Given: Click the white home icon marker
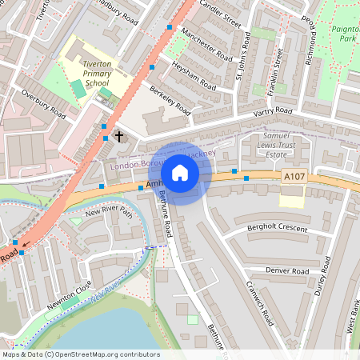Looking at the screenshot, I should [180, 173].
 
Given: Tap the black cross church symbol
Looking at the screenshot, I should [120, 136].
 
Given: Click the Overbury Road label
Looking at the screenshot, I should [44, 103].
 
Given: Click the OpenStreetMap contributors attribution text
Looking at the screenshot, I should [81, 354].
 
